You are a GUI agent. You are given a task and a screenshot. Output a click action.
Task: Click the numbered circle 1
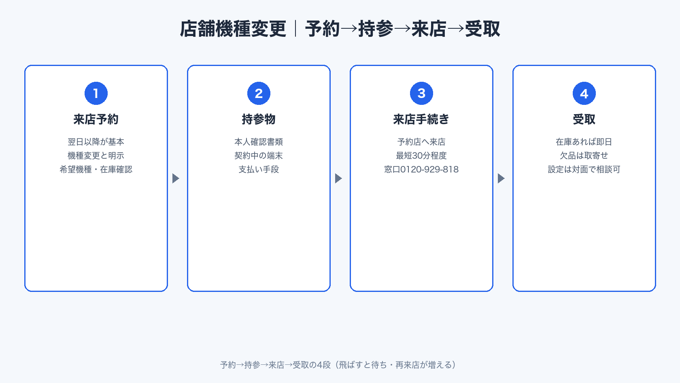pos(96,93)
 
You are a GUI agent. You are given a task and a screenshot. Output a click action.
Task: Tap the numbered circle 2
pos(259,93)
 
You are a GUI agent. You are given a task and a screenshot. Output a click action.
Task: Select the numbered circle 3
pos(421,93)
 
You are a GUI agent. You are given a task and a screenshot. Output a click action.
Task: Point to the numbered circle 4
pos(584,93)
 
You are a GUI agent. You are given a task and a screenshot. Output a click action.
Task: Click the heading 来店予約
pos(96,119)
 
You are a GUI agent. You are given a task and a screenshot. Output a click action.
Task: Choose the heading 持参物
pos(259,119)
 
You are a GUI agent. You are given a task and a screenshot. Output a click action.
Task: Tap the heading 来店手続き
pos(421,119)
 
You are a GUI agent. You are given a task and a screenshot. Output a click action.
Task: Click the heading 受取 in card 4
pos(584,119)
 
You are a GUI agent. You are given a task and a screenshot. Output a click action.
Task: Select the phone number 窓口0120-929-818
pos(421,170)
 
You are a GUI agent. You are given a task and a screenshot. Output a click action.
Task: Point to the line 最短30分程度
pos(421,156)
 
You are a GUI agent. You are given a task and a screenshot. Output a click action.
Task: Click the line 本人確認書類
pos(259,142)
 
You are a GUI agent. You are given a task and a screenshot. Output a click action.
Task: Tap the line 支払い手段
pos(259,170)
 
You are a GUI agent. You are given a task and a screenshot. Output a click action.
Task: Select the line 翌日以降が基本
pos(96,142)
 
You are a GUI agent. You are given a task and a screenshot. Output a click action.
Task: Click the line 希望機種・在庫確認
pos(96,170)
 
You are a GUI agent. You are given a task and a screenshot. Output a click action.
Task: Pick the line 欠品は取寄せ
pos(584,156)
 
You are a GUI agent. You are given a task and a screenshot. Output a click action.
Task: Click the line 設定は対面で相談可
pos(584,170)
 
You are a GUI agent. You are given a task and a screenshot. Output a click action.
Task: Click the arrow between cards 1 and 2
pos(176,178)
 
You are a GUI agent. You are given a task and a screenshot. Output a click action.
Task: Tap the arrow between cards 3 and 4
pos(501,178)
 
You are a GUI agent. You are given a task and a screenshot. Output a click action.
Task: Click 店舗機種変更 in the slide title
pos(233,29)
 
